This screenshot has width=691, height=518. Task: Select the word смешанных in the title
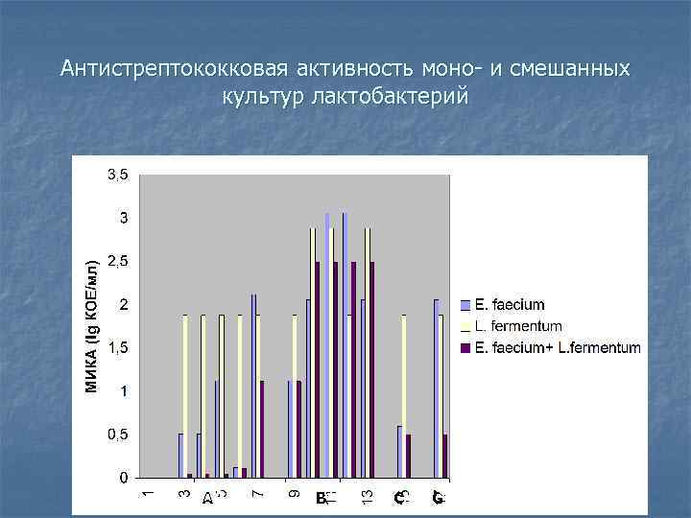[572, 69]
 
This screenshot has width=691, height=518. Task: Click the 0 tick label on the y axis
[123, 478]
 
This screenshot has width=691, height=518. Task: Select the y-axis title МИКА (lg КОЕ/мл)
[92, 326]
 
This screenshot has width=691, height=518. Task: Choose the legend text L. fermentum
[518, 326]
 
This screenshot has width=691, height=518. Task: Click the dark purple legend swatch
[466, 347]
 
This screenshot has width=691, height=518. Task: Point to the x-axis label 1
[147, 493]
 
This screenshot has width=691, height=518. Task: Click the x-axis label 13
[367, 495]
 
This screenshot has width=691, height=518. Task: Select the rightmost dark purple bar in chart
[445, 456]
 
